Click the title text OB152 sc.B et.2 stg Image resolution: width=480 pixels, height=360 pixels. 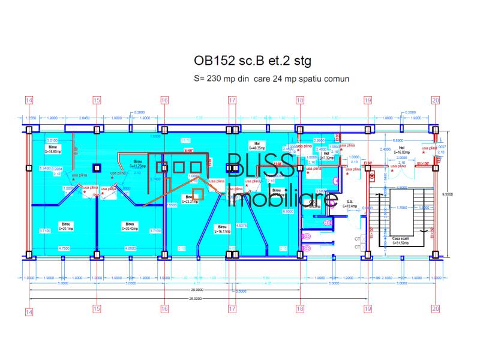point(253,61)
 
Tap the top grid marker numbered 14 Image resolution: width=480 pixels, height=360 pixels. point(29,101)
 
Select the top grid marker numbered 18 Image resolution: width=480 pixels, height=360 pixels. point(299,101)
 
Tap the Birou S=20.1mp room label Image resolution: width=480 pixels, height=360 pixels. point(66,226)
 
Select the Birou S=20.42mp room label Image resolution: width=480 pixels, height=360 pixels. point(130,226)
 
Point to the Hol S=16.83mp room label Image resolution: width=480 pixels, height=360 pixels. point(401,150)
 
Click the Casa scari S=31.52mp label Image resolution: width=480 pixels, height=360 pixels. point(401,240)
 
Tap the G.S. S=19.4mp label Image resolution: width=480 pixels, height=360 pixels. point(350,204)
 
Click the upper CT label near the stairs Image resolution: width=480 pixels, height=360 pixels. point(358,239)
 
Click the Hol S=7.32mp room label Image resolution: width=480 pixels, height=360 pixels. point(327,155)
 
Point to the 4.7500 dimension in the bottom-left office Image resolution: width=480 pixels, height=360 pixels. point(64,248)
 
